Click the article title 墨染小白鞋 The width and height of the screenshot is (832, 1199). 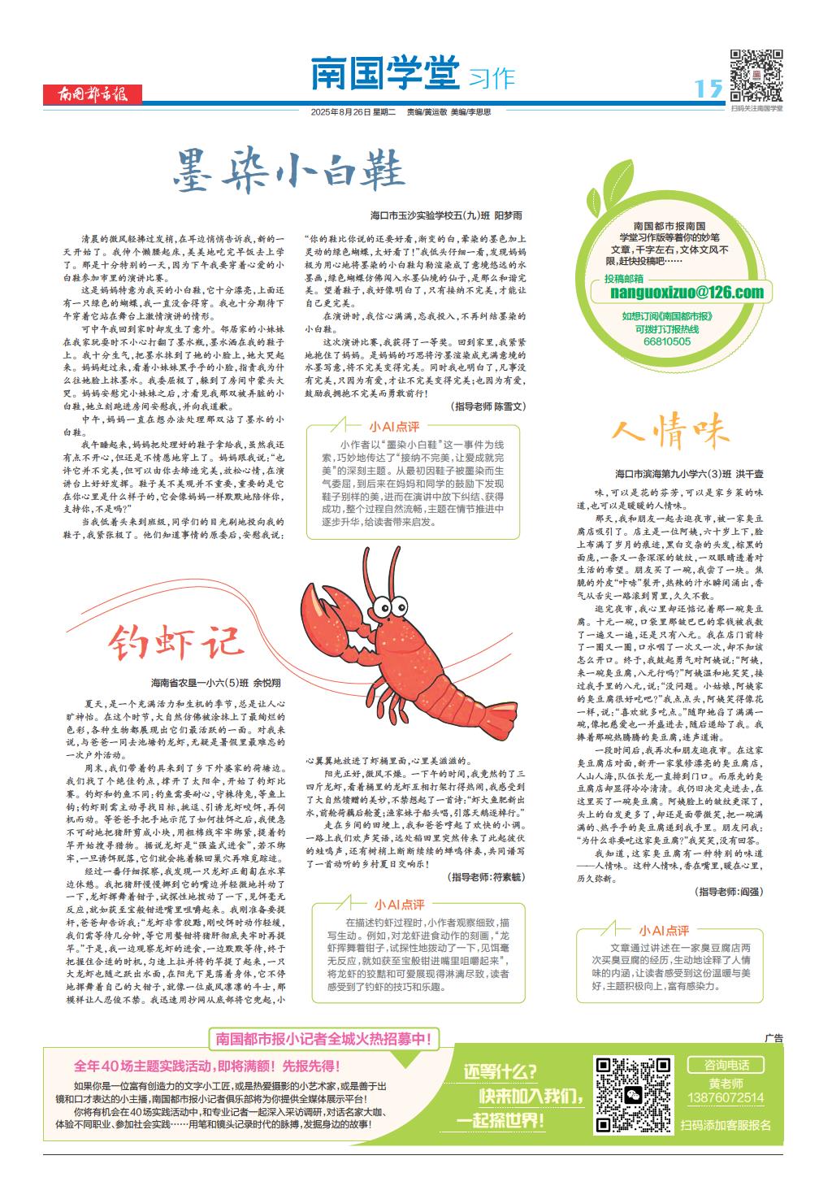[289, 169]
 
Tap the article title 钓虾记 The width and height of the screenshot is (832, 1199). [175, 641]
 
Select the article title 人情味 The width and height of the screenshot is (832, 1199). [670, 430]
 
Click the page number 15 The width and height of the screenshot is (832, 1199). [708, 88]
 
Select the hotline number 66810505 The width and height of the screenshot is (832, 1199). [666, 342]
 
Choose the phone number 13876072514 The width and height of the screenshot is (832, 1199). [726, 1098]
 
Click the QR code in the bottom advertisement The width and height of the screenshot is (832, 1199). [632, 1094]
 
